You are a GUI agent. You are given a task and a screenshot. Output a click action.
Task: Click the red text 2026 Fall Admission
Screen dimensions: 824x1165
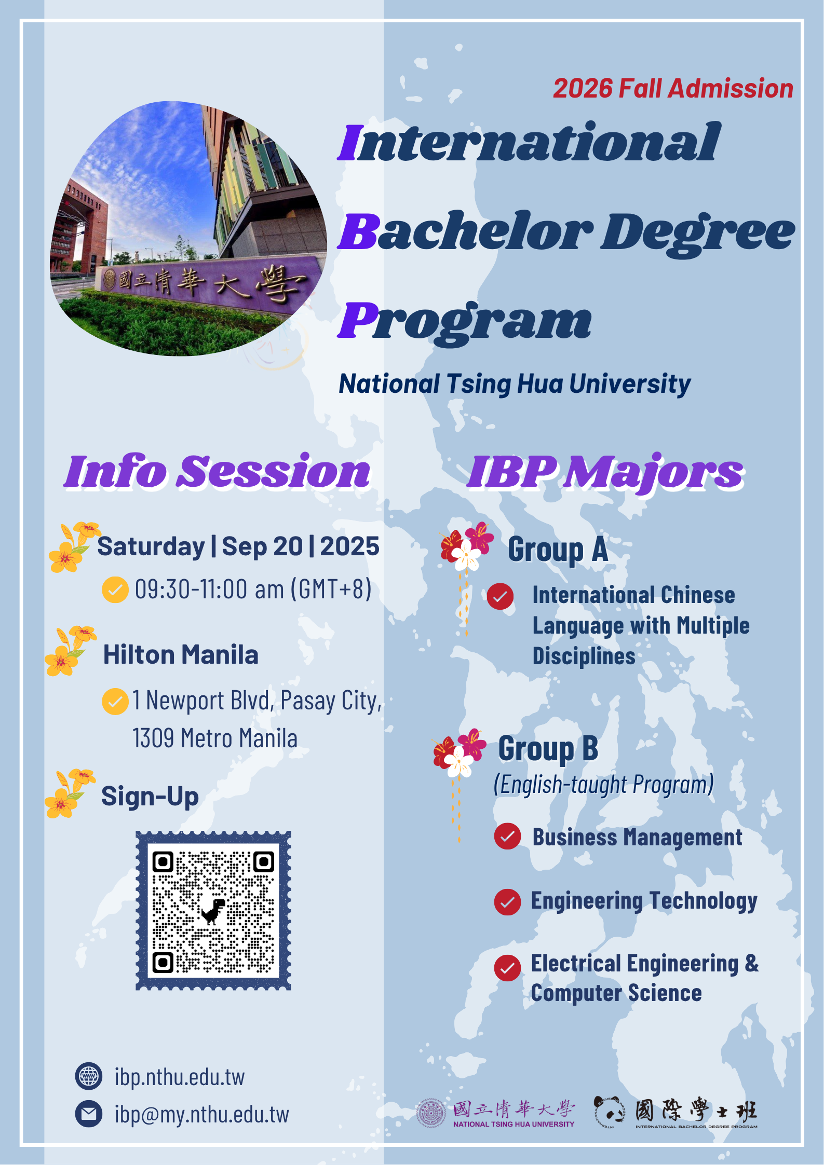673,88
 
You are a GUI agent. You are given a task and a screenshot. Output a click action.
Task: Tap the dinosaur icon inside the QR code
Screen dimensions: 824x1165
213,911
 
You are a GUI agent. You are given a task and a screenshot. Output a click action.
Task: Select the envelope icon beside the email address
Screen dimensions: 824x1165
89,1114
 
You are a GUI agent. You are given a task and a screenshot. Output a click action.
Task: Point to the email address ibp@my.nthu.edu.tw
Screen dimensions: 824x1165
201,1114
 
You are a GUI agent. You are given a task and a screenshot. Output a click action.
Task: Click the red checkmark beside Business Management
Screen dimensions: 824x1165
507,836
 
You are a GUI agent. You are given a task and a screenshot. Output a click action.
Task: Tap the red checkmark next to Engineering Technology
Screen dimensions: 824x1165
507,901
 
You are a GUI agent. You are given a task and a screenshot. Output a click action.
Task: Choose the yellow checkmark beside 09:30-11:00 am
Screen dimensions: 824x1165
115,590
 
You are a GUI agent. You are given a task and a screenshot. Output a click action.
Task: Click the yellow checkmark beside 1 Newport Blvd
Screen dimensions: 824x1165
115,702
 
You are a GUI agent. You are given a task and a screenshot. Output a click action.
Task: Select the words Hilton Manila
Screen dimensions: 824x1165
181,655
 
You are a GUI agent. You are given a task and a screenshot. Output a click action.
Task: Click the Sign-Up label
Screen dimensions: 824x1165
150,797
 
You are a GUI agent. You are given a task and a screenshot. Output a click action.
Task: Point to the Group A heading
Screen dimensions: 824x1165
558,550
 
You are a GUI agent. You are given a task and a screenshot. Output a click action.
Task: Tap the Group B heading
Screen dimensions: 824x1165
548,749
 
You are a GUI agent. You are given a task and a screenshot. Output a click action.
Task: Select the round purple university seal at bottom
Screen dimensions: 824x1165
431,1113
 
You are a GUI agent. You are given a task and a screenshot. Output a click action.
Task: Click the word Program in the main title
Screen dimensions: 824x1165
465,321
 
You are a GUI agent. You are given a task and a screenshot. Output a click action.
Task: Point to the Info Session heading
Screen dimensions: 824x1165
217,471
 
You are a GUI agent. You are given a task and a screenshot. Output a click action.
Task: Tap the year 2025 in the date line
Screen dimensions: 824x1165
349,546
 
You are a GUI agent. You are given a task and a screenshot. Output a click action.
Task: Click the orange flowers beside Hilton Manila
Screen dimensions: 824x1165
71,651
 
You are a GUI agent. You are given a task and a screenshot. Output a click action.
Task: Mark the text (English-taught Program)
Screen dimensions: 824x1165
604,785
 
